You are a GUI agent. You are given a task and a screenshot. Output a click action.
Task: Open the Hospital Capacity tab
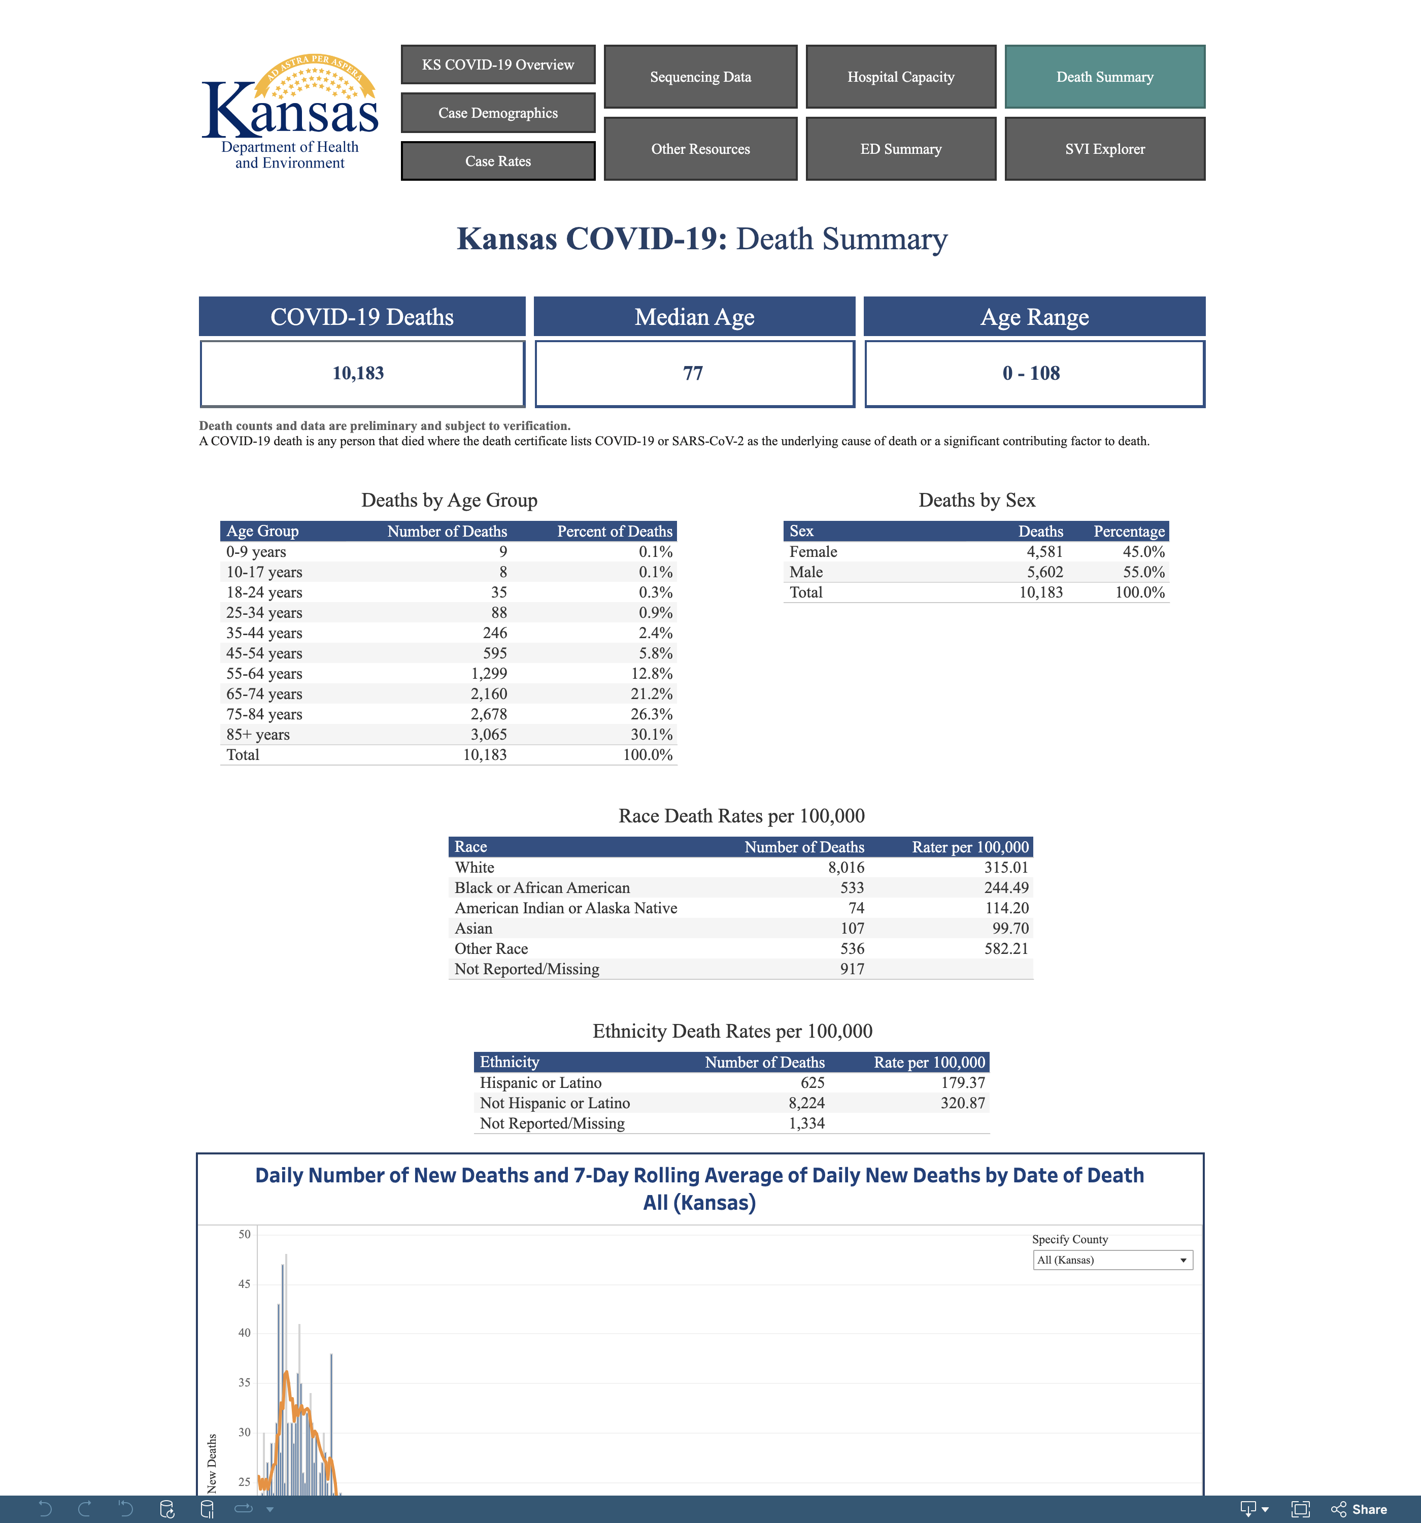pos(900,77)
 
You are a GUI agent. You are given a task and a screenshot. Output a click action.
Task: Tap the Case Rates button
pos(498,161)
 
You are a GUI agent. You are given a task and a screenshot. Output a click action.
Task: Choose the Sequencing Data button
pos(700,77)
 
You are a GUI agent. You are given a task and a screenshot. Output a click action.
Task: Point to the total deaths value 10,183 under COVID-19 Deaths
pos(358,373)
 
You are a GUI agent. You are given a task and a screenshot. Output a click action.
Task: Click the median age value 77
pos(693,373)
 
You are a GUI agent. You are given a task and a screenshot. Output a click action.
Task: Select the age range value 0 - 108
pos(1031,373)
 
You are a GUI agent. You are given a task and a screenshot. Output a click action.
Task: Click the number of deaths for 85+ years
pos(489,734)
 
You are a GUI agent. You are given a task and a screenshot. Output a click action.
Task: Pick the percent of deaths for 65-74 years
pos(652,693)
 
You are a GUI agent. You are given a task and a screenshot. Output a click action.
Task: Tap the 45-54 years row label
pos(264,653)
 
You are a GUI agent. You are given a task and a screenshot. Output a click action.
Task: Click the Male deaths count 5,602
pos(1045,572)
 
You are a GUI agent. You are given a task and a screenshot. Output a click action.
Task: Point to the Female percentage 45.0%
pos(1144,552)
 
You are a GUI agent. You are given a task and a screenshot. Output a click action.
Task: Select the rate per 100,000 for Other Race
pos(1006,948)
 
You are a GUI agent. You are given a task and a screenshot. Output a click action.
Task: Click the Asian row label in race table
pos(473,928)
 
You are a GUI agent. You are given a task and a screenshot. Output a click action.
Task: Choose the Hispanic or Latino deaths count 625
pos(813,1082)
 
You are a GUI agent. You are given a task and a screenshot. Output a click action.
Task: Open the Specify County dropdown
pos(1113,1260)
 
